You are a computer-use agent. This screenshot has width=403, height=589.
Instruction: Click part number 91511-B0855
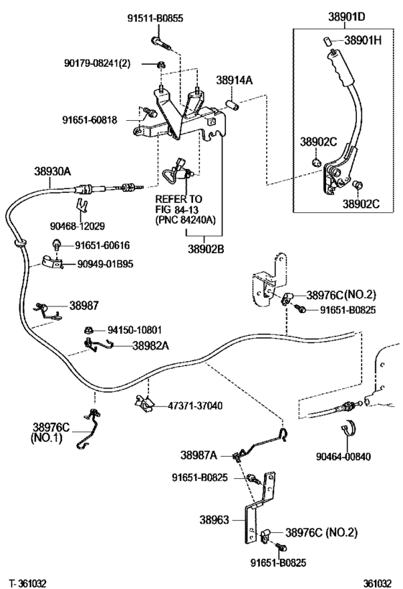pyautogui.click(x=155, y=18)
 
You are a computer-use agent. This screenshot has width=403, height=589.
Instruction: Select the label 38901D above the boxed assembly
pyautogui.click(x=346, y=17)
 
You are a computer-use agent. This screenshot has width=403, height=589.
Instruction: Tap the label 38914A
pyautogui.click(x=234, y=80)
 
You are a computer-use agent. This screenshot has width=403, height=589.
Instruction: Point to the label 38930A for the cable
pyautogui.click(x=53, y=171)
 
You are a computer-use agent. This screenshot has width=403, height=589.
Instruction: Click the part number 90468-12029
pyautogui.click(x=78, y=226)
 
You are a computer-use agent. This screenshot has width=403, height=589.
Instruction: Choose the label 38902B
pyautogui.click(x=206, y=249)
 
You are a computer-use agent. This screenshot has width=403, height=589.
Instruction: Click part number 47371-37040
pyautogui.click(x=195, y=406)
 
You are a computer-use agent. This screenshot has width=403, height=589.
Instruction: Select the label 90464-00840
pyautogui.click(x=343, y=457)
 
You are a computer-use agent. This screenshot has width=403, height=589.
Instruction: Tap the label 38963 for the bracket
pyautogui.click(x=214, y=520)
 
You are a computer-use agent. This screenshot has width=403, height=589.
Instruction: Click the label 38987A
pyautogui.click(x=199, y=455)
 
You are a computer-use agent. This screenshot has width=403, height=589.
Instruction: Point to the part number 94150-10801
pyautogui.click(x=135, y=330)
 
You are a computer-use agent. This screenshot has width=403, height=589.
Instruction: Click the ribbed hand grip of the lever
pyautogui.click(x=340, y=68)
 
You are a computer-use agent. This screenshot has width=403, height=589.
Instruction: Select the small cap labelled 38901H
pyautogui.click(x=326, y=40)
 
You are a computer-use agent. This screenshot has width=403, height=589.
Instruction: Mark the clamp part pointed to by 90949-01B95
pyautogui.click(x=52, y=262)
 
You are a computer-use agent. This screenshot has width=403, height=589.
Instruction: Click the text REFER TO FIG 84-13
pyautogui.click(x=179, y=204)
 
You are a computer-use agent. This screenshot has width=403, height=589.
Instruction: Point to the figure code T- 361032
pyautogui.click(x=29, y=583)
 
